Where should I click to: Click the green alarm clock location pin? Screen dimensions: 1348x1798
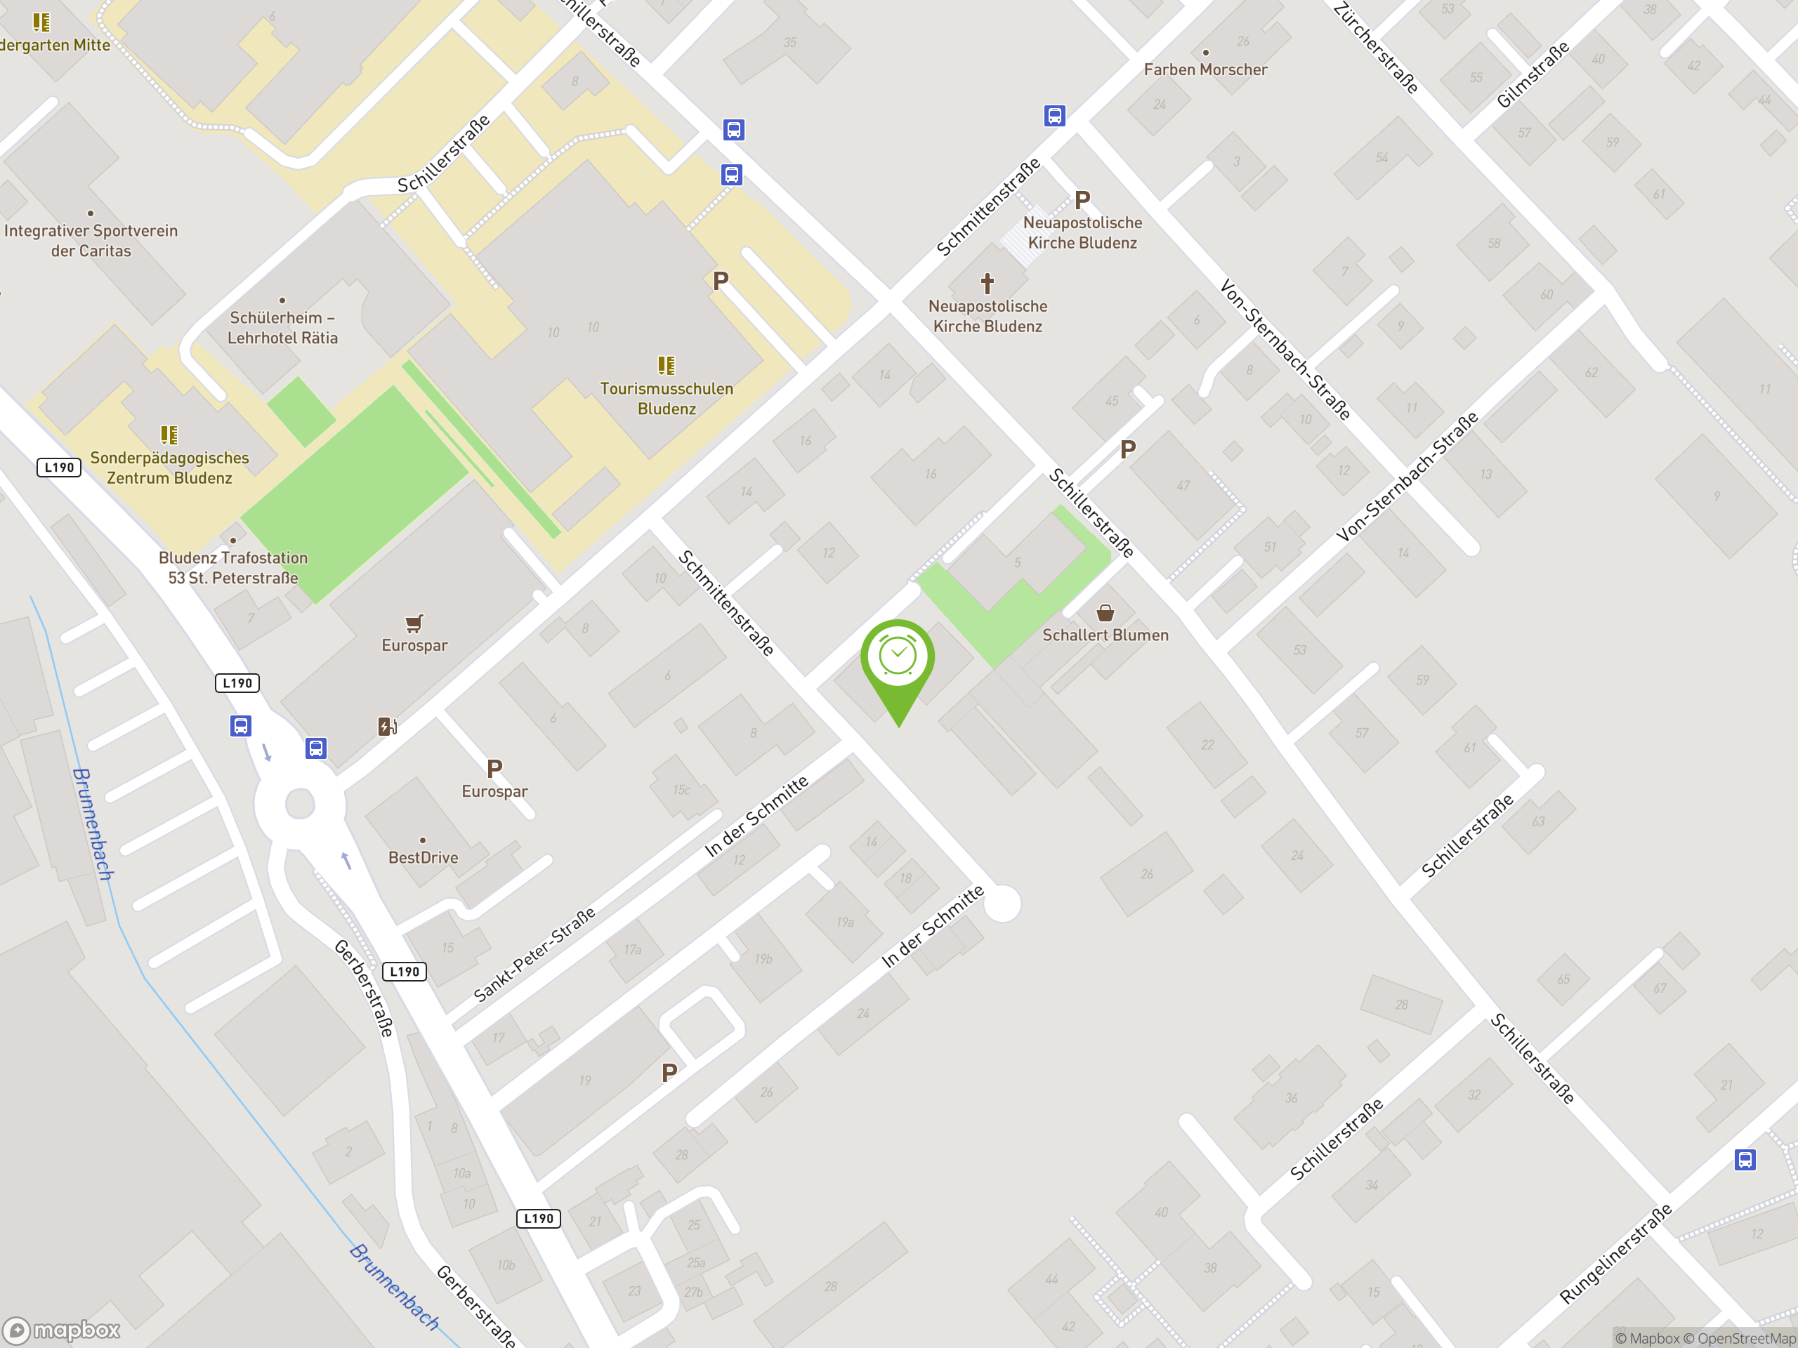[x=898, y=658]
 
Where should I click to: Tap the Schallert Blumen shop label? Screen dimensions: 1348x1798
[x=1105, y=635]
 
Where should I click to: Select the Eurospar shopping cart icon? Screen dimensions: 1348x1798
[x=414, y=623]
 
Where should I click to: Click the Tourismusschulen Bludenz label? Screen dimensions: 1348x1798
[x=667, y=398]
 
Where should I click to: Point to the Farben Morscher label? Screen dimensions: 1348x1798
[x=1205, y=70]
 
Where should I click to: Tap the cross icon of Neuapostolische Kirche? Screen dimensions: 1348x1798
[x=987, y=284]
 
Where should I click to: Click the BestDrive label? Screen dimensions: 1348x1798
[x=423, y=857]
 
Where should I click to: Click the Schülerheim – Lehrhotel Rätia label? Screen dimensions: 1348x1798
[x=282, y=327]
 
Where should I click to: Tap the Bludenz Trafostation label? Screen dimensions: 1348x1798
[x=233, y=567]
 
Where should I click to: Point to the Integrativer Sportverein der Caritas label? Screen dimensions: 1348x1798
[x=91, y=241]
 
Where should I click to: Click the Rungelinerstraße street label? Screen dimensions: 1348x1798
[x=1616, y=1254]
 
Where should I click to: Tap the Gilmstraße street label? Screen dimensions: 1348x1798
[x=1533, y=74]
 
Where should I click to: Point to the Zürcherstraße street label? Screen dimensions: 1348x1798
[x=1375, y=47]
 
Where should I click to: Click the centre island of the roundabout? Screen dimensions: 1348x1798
[x=300, y=805]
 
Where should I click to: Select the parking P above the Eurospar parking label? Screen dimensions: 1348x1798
[x=494, y=768]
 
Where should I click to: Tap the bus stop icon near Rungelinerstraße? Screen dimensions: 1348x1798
[x=1745, y=1160]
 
